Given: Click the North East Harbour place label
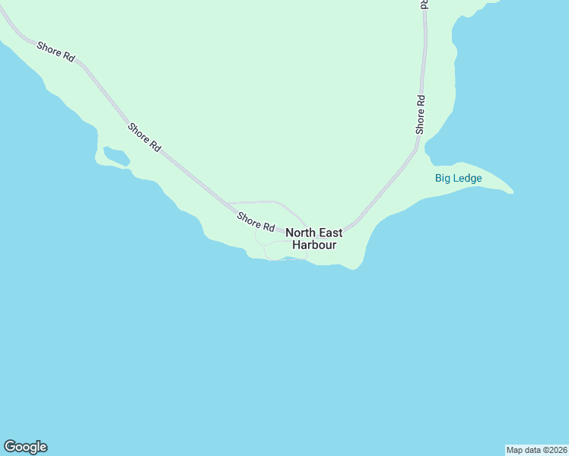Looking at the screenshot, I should pyautogui.click(x=313, y=239).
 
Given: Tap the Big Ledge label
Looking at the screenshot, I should pyautogui.click(x=458, y=178).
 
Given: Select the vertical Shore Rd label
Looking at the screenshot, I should pyautogui.click(x=420, y=115).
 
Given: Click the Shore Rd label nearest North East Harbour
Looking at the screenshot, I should pyautogui.click(x=256, y=222).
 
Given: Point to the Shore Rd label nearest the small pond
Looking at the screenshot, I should pyautogui.click(x=145, y=138).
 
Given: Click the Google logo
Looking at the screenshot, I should pyautogui.click(x=25, y=447).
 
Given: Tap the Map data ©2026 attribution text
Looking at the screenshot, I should pyautogui.click(x=536, y=449).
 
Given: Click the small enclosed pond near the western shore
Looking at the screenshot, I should pyautogui.click(x=116, y=156).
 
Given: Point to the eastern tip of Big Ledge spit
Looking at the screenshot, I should pyautogui.click(x=511, y=191).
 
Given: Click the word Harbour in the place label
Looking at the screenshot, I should pyautogui.click(x=314, y=245).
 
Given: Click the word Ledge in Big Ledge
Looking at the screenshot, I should pyautogui.click(x=468, y=178).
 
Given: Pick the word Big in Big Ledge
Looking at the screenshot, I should pyautogui.click(x=443, y=178).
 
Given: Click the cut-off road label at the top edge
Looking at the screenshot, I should pyautogui.click(x=424, y=4).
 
